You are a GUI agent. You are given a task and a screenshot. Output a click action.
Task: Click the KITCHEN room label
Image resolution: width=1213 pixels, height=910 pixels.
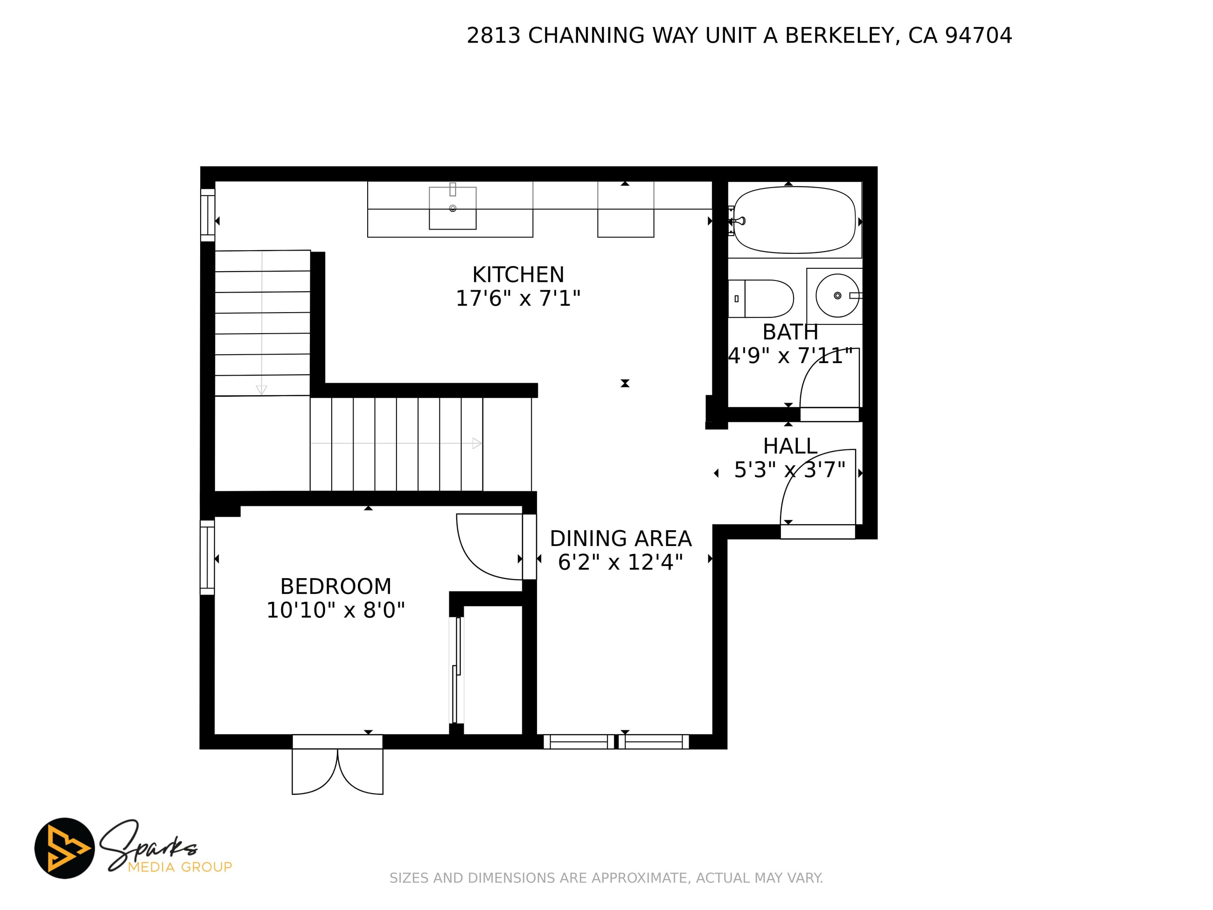click(518, 274)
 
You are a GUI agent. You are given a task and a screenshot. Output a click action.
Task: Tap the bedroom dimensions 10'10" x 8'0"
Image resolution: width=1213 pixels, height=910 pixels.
click(335, 610)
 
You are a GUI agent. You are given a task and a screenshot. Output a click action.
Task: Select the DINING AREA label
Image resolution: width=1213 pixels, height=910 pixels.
click(621, 539)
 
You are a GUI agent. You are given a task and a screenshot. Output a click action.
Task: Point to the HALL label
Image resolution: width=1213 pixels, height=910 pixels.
click(790, 446)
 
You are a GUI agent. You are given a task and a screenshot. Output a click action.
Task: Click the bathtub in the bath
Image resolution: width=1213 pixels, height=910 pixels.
click(794, 220)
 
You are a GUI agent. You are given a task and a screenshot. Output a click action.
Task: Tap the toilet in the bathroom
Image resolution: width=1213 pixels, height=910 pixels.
click(761, 298)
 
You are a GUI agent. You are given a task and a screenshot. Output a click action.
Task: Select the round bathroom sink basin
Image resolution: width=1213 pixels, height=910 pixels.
click(837, 296)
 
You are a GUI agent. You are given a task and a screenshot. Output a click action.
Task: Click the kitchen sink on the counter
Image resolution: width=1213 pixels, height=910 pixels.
click(453, 208)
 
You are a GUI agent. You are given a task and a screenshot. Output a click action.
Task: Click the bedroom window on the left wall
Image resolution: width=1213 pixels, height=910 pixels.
click(207, 557)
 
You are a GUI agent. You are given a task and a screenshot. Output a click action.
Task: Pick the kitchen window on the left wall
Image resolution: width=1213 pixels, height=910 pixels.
click(207, 215)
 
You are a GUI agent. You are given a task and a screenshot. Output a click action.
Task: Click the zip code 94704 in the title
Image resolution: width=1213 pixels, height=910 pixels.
click(978, 35)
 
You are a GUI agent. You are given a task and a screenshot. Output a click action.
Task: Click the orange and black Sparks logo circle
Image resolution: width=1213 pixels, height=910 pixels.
click(65, 848)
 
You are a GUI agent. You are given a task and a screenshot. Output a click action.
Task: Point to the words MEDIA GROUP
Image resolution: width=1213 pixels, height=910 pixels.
click(180, 867)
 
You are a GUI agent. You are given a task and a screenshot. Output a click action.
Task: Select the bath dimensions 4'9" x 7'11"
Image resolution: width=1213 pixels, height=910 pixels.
click(790, 356)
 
